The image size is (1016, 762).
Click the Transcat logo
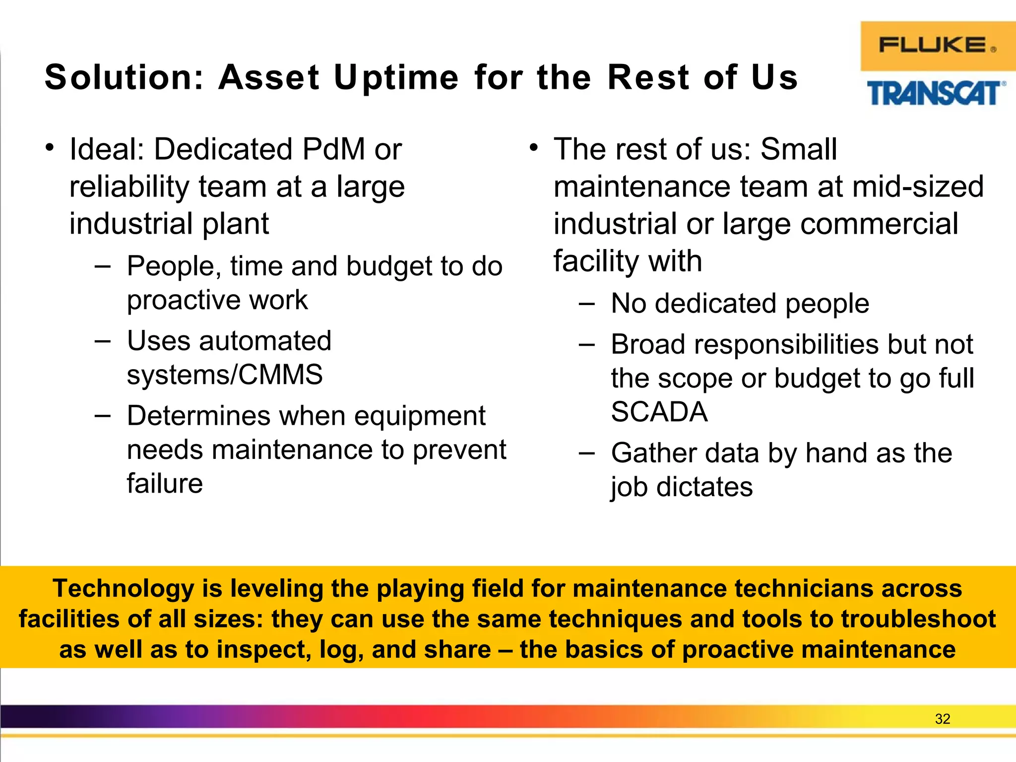[x=936, y=94]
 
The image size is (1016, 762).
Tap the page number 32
[x=942, y=719]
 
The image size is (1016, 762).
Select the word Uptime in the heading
[x=396, y=78]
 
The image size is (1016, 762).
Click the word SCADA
[x=659, y=412]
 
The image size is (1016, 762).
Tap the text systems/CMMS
[x=225, y=375]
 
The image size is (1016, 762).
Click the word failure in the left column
[x=165, y=484]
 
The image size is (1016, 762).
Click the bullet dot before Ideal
[x=49, y=147]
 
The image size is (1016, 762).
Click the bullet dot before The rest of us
[x=533, y=147]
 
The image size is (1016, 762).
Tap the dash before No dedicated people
[x=586, y=304]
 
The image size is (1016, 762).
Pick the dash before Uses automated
[x=102, y=341]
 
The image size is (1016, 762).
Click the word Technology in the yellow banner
[x=124, y=589]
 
